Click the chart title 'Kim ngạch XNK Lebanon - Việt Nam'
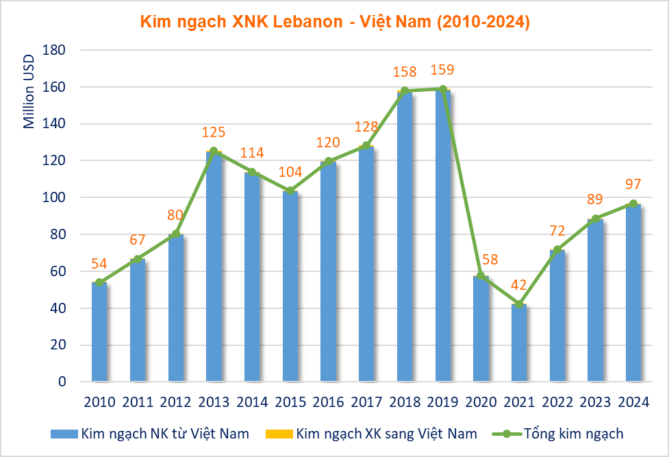coord(335,21)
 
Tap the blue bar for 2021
coord(519,343)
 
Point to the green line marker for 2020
coord(481,275)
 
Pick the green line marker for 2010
coord(99,282)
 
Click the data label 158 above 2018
coord(404,71)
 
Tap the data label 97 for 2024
coord(633,184)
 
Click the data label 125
coord(214,132)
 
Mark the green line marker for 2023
coord(596,219)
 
